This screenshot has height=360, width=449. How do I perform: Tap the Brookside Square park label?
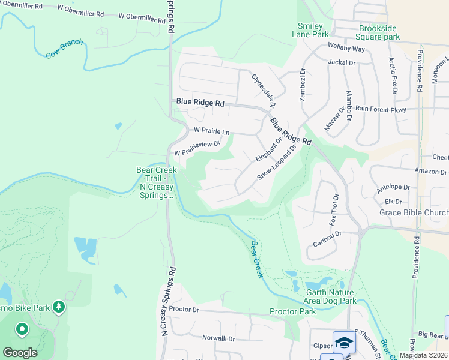click(x=379, y=32)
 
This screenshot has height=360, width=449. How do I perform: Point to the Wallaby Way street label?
click(x=346, y=48)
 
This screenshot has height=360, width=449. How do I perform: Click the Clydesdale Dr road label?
click(x=263, y=91)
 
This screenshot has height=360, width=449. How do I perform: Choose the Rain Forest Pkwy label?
click(x=381, y=109)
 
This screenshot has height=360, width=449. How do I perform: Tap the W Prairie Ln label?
click(x=211, y=130)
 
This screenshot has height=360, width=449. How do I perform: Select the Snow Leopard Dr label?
click(x=277, y=162)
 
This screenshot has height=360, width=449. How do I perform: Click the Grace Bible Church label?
click(x=414, y=212)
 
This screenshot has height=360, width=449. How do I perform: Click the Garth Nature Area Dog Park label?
click(x=324, y=296)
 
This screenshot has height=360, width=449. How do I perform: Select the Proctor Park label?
click(x=292, y=311)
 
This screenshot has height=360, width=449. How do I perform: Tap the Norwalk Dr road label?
click(x=218, y=338)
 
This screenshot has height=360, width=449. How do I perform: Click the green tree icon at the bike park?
click(x=59, y=307)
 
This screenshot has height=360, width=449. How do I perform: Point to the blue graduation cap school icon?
click(x=344, y=342)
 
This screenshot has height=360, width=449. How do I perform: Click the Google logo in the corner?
click(x=20, y=352)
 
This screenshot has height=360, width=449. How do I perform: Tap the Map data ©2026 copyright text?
click(x=423, y=355)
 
